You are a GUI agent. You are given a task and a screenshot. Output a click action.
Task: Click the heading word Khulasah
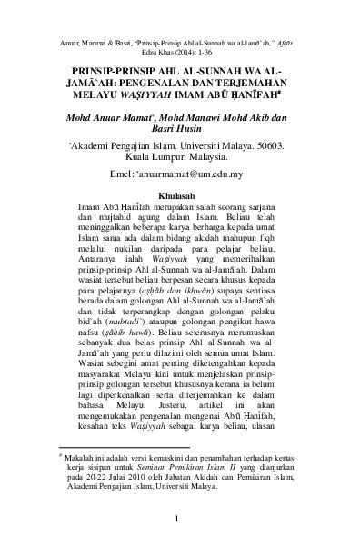(x=179, y=194)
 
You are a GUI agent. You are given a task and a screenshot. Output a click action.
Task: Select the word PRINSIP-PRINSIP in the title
(x=101, y=67)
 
